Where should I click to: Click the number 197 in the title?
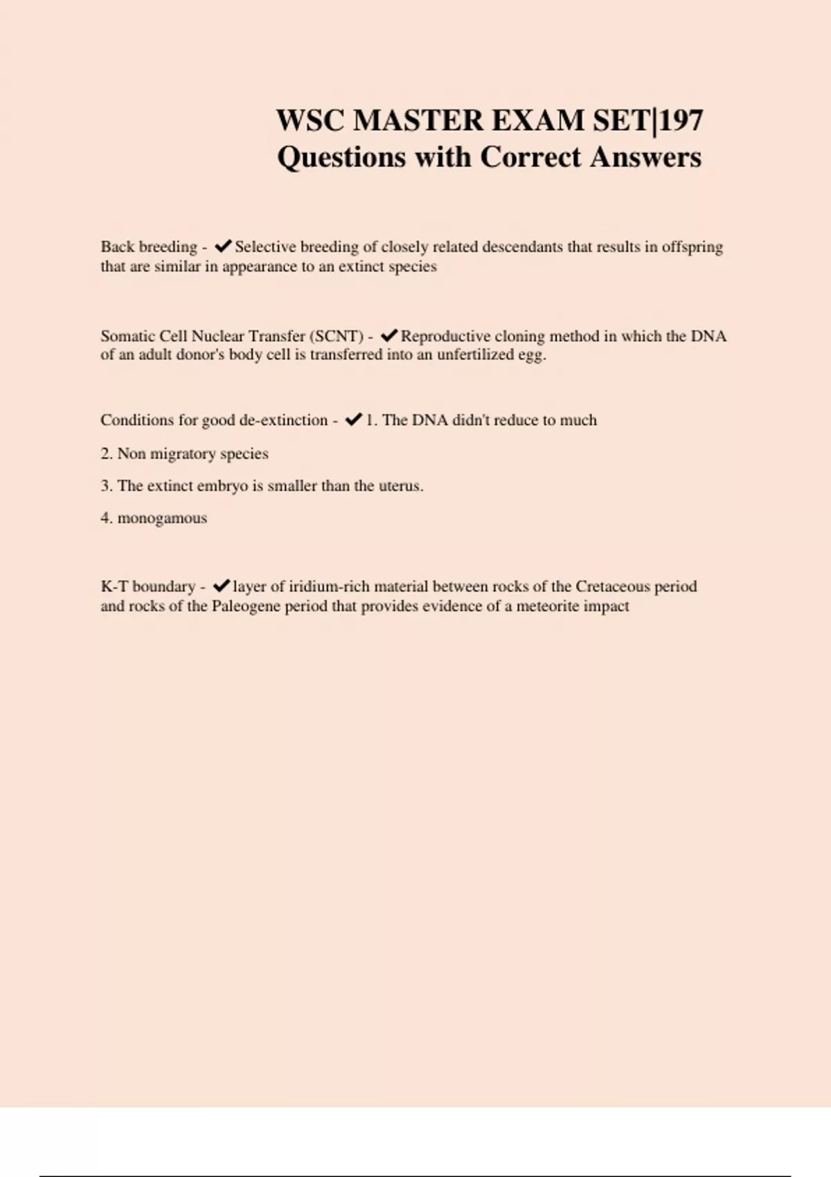[681, 120]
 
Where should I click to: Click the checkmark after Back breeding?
[223, 246]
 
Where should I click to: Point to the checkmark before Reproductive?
[388, 336]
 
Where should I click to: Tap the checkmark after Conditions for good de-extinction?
[353, 420]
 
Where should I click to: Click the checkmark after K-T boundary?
[221, 586]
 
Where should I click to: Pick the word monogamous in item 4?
[162, 519]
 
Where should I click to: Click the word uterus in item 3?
[400, 486]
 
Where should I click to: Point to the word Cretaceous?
[613, 586]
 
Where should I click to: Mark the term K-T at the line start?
[114, 586]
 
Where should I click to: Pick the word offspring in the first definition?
[692, 247]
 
